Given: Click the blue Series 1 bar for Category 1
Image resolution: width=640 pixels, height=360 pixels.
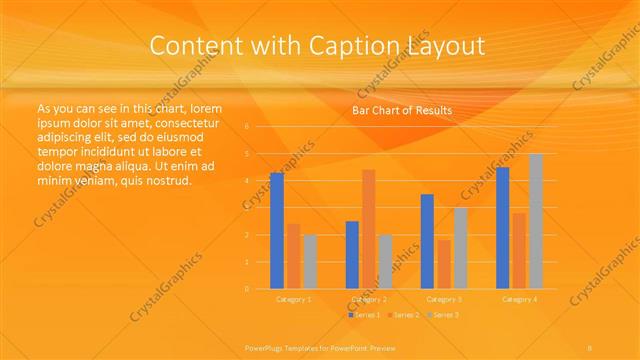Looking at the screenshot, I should point(277,231).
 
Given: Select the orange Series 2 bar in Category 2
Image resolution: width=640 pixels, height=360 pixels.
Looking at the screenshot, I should point(368,229).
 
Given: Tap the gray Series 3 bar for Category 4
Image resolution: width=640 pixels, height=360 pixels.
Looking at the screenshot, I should point(536,221).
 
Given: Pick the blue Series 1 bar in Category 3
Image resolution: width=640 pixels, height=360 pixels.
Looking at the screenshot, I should point(427,241).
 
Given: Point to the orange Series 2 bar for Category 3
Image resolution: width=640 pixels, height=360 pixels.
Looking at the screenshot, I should point(444,264).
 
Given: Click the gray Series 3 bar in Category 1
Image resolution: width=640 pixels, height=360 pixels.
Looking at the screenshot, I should point(310,262).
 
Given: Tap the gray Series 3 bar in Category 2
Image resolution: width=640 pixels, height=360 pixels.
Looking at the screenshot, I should point(385,262).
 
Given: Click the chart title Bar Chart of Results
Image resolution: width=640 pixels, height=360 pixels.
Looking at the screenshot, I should point(402,110).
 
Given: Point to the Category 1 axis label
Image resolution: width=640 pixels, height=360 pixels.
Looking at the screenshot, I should point(293,299).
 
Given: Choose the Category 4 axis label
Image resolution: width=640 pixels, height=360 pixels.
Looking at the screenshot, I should point(519,299).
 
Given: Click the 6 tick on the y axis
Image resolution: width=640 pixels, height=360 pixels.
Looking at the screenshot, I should point(247,127).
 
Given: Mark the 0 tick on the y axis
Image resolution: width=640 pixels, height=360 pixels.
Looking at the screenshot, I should point(247,289).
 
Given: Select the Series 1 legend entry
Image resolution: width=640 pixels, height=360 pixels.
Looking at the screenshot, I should point(363,315).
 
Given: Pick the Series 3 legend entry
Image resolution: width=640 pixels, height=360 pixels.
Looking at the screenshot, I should point(441,315).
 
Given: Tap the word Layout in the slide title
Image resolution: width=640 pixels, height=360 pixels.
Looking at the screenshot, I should point(442,46).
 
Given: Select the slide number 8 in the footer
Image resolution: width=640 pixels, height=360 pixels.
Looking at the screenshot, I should point(591,347).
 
